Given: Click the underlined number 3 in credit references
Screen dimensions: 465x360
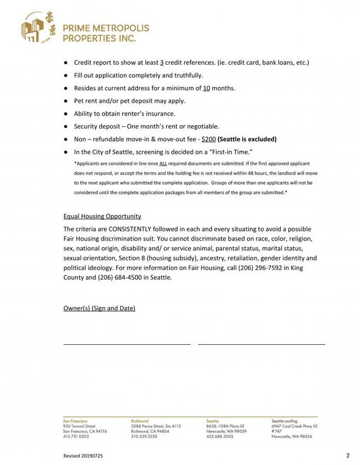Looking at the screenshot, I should pos(161,63).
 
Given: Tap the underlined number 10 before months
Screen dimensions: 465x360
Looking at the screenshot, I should pos(206,88).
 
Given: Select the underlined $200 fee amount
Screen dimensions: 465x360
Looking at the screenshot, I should pos(209,139).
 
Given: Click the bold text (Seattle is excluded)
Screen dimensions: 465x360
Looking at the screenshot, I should pos(247,139).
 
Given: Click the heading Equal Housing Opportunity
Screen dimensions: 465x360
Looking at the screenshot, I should pos(102,216).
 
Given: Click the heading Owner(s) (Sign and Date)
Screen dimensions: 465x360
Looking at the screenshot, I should pos(99,308).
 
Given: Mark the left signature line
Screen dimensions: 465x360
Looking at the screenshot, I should pos(127,344).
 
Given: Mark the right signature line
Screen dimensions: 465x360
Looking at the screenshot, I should pos(261,344).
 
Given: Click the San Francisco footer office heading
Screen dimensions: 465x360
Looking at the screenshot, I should pos(76,421).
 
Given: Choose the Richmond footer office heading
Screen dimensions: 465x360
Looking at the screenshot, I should pos(140,421).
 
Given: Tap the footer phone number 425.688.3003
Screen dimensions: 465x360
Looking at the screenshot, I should pos(219,437).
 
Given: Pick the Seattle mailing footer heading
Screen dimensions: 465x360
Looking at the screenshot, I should pos(286,421).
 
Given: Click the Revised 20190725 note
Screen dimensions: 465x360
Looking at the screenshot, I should pos(83,456).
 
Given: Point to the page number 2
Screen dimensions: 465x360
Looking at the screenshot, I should pos(348,456).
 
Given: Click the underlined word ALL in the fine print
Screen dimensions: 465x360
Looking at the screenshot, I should pos(163,164).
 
